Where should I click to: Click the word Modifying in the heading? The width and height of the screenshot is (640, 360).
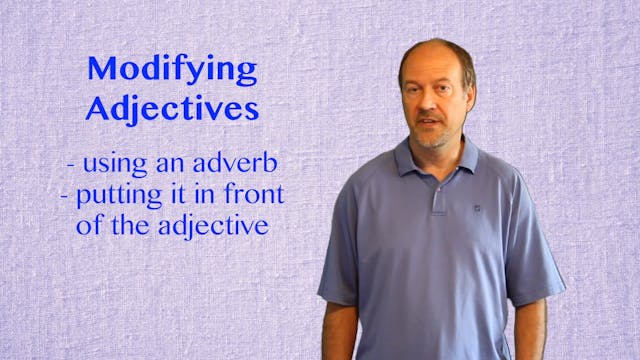coord(172,70)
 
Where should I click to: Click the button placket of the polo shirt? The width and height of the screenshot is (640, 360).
coord(438,190)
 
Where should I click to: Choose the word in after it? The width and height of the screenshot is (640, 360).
coord(193,192)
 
